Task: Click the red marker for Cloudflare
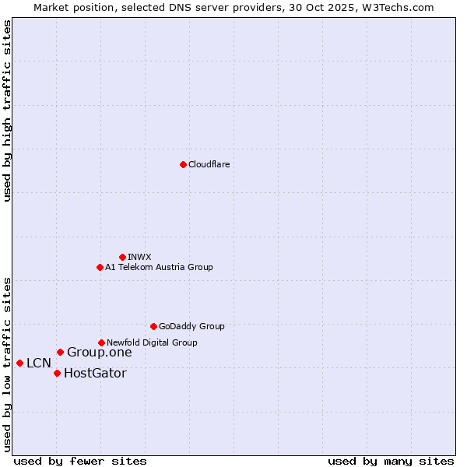coord(183,164)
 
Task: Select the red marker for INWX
coord(122,257)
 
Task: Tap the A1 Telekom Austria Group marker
coord(100,268)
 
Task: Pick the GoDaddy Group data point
coord(153,326)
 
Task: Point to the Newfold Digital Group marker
coord(101,342)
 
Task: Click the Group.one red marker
coord(60,353)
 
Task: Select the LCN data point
coord(19,363)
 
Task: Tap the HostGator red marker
coord(57,374)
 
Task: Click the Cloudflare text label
coord(209,165)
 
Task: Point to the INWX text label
coord(139,257)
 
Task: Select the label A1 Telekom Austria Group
coord(159,268)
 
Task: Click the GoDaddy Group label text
coord(191,327)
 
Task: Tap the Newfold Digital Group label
coord(152,342)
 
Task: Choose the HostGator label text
coord(95,374)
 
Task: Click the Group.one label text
coord(99,353)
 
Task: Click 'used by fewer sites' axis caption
coord(80,461)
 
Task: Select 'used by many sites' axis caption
coord(391,461)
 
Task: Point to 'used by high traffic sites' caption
coord(7,111)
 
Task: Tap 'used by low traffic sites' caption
coord(7,364)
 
